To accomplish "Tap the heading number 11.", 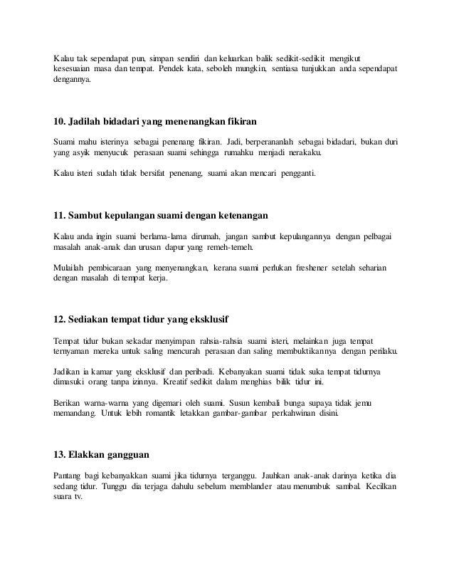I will coord(60,216).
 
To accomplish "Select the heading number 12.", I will coord(60,315).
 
